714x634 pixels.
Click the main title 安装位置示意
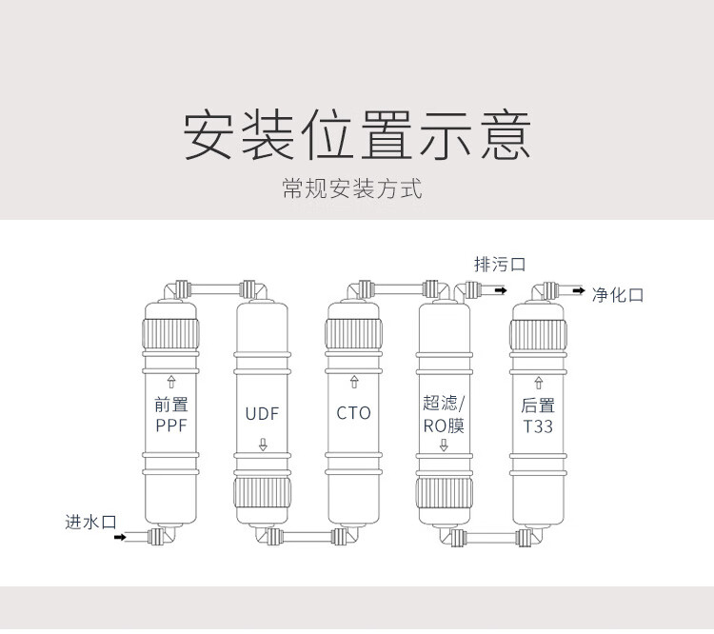click(356, 136)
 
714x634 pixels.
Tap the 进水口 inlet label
click(90, 522)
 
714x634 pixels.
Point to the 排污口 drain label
click(500, 265)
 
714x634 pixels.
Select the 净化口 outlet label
click(618, 295)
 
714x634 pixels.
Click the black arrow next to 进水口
click(120, 538)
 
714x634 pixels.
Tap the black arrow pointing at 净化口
click(579, 289)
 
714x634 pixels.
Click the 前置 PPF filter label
click(172, 416)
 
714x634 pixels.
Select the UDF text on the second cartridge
click(262, 414)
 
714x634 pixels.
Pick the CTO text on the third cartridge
click(353, 414)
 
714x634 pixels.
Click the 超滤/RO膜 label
click(444, 416)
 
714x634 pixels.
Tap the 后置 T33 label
click(537, 416)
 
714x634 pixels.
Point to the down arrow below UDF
click(263, 445)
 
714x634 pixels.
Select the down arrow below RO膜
click(445, 445)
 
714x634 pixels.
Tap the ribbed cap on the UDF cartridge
click(262, 496)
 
